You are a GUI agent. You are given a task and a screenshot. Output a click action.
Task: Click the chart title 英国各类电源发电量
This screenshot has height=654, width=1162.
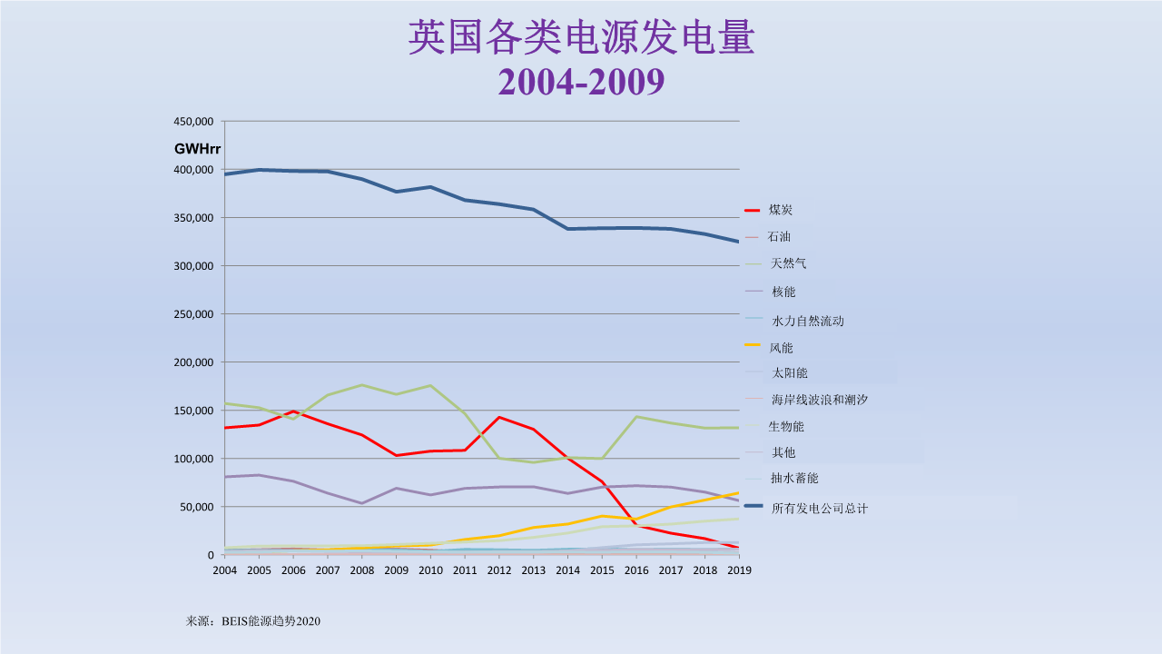tap(581, 38)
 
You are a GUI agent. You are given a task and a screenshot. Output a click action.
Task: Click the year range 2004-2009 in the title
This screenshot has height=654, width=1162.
tap(581, 82)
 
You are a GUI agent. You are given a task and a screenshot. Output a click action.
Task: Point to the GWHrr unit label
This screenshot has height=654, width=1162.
tap(198, 148)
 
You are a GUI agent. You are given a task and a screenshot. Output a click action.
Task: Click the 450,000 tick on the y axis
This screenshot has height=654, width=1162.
tap(194, 122)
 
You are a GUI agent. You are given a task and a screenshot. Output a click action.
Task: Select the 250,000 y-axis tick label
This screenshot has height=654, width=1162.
tap(194, 314)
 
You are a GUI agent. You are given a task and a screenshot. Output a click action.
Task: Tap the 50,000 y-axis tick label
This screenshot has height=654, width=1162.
tap(197, 507)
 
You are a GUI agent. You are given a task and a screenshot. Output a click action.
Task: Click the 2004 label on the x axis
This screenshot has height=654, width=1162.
tap(224, 570)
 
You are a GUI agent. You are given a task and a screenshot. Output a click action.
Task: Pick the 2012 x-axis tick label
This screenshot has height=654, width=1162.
tap(499, 570)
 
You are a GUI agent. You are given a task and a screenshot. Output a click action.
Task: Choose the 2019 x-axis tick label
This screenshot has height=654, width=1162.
tap(739, 570)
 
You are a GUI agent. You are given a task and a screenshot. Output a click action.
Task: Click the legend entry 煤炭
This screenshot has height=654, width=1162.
tap(781, 210)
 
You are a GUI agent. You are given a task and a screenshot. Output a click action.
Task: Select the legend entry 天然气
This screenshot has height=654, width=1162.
tap(788, 263)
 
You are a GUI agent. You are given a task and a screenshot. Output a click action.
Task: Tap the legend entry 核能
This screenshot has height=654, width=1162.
tap(783, 292)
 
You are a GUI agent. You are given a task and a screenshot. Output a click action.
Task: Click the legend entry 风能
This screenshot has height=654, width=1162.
tap(781, 347)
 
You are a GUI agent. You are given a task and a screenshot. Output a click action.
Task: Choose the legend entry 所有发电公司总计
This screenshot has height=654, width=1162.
tap(819, 508)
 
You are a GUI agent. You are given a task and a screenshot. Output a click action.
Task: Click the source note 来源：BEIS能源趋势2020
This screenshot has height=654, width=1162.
tap(253, 621)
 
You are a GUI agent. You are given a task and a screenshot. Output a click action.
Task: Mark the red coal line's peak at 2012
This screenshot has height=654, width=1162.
tap(499, 417)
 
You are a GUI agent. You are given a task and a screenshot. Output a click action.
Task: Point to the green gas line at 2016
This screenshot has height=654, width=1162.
tap(637, 417)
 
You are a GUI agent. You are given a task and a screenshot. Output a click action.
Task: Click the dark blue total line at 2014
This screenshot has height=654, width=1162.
tap(568, 229)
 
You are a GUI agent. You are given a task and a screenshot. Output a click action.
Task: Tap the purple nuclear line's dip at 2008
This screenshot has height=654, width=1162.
tap(361, 503)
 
